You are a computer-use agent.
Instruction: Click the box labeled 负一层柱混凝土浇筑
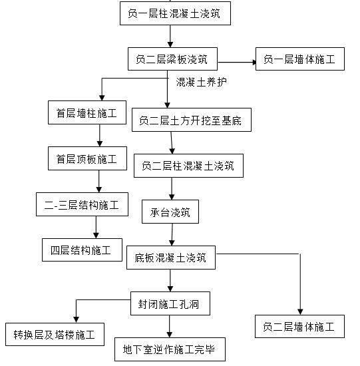[x=175, y=13]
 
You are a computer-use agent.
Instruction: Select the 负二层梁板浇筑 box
[x=172, y=59]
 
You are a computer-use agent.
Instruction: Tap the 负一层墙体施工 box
[x=299, y=59]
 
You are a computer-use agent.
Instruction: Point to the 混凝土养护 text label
[x=201, y=83]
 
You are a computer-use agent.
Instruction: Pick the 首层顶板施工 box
[x=87, y=159]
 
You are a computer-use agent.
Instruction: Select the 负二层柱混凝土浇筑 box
[x=184, y=166]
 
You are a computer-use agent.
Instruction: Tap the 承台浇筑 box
[x=170, y=212]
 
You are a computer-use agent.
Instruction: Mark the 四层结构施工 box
[x=82, y=251]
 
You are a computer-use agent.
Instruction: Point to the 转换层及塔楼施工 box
[x=55, y=334]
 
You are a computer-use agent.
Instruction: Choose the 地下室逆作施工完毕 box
[x=170, y=349]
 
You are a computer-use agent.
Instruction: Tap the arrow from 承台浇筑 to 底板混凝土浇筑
[x=172, y=234]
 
